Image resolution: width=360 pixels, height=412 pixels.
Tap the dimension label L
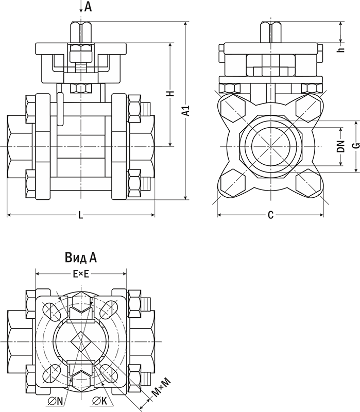click(x=80, y=215)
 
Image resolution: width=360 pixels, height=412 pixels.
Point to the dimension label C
click(x=270, y=215)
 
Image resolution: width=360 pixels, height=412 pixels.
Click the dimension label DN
click(x=340, y=147)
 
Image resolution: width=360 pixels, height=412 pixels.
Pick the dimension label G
click(x=355, y=147)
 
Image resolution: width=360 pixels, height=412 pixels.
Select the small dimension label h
click(x=340, y=50)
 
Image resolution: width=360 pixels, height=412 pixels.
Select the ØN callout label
click(x=55, y=401)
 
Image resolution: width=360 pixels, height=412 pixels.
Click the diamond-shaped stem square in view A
click(x=79, y=341)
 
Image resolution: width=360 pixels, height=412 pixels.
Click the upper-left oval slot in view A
click(x=52, y=311)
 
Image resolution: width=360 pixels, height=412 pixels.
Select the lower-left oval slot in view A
click(x=52, y=372)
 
